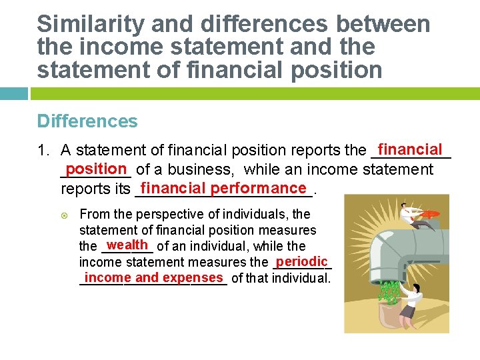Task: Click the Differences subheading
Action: tap(87, 121)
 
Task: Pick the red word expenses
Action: tap(193, 277)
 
